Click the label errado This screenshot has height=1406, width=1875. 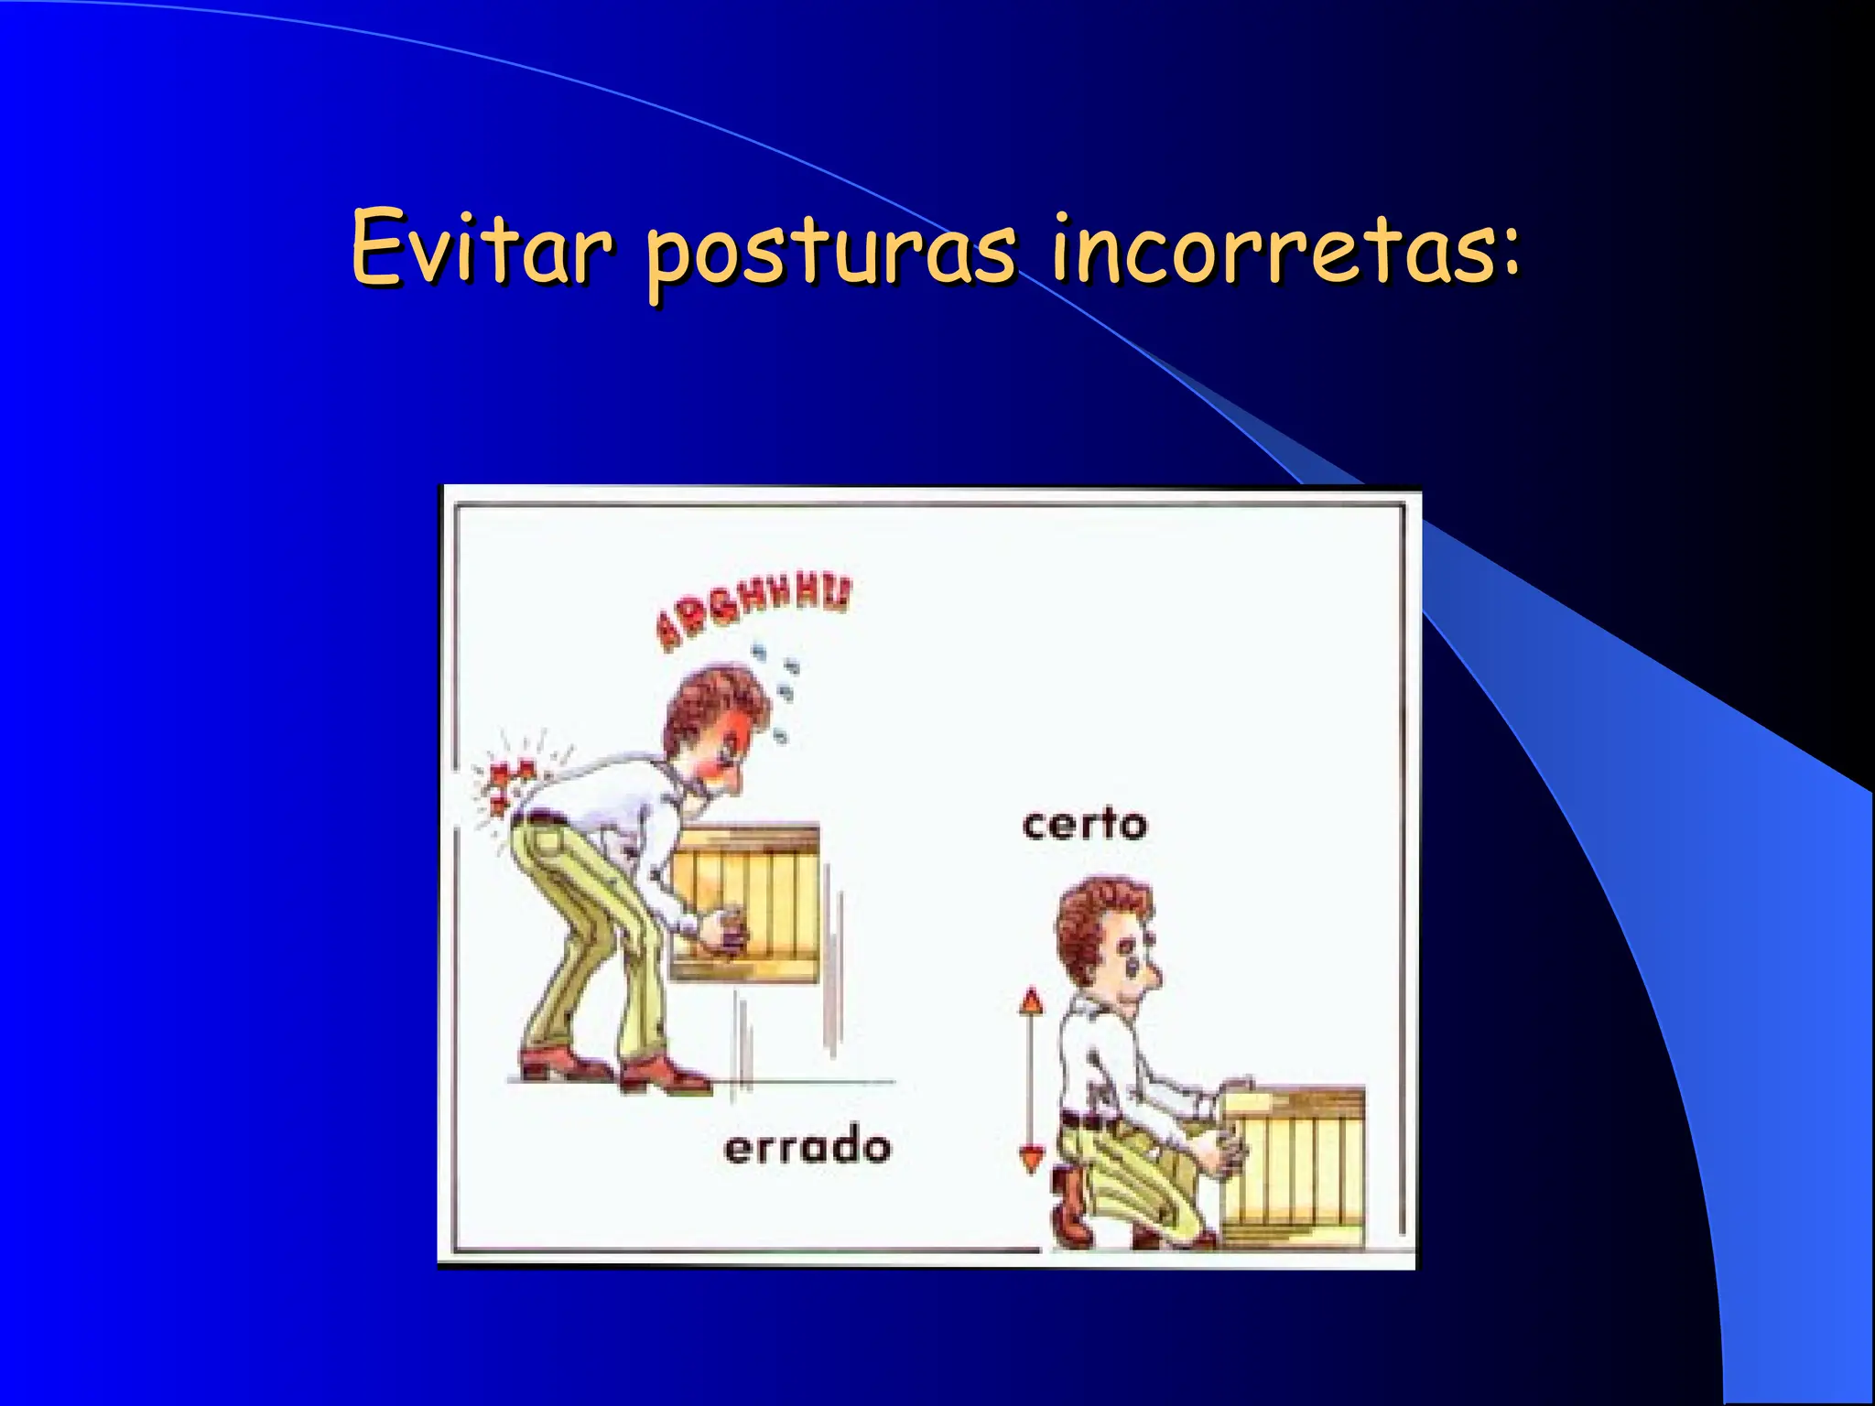click(807, 1148)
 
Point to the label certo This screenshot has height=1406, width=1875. click(1084, 825)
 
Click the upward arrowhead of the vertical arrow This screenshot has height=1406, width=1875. click(1032, 1000)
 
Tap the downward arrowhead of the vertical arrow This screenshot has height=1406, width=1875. click(1032, 1161)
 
